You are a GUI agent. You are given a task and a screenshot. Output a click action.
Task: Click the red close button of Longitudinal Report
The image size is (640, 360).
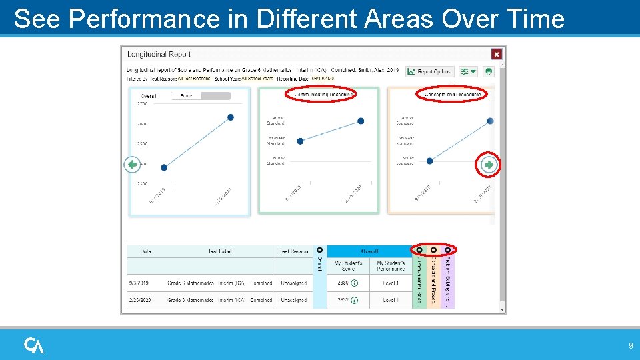click(496, 54)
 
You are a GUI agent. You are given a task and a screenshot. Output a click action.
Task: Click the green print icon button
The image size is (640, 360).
click(488, 71)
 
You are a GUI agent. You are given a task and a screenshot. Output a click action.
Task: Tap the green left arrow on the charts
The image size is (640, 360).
click(133, 165)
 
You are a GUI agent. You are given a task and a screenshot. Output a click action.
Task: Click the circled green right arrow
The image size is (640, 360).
click(489, 164)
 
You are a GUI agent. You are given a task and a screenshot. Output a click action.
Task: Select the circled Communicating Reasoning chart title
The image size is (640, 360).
click(321, 95)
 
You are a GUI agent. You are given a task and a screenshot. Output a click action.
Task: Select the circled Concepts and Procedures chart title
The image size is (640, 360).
click(451, 95)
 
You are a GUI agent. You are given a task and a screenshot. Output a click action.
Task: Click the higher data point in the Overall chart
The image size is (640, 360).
click(231, 117)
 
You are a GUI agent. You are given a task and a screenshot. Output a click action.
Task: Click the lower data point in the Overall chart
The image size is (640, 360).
click(164, 167)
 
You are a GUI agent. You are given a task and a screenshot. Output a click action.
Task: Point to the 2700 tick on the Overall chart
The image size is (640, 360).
click(143, 104)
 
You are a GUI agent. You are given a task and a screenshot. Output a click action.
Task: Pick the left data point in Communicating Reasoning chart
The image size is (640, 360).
click(300, 141)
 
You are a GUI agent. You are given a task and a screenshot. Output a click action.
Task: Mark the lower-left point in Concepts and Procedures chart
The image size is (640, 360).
click(429, 161)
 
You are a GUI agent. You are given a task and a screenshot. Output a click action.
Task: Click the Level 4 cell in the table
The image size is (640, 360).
click(391, 300)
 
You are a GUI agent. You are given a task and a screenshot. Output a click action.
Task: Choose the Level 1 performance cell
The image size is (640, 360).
click(391, 283)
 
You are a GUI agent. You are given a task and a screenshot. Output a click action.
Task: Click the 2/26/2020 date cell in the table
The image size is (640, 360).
click(140, 300)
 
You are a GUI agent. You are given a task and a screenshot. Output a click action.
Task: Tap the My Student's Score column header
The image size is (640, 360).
click(348, 265)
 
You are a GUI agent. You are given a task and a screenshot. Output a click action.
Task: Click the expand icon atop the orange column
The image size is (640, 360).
click(433, 250)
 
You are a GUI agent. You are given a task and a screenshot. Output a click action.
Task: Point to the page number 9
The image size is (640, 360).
click(631, 346)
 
